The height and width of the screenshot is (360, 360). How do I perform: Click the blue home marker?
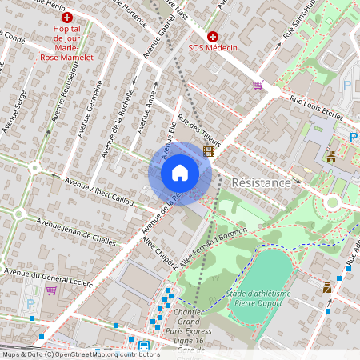coord(180,173)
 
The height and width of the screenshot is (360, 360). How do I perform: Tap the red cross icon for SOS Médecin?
coord(213,37)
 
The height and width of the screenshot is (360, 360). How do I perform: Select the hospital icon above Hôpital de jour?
coord(67,17)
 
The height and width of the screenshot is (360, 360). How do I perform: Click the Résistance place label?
coord(260,183)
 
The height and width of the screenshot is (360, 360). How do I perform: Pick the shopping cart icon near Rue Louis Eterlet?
coord(257,84)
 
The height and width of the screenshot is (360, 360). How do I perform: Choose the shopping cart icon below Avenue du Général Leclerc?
coord(51,290)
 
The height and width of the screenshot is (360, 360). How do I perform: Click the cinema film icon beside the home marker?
coord(209,150)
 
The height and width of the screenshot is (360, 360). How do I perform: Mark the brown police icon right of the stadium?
coord(326,286)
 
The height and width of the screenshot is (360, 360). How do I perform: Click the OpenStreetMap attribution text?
coord(81,354)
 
